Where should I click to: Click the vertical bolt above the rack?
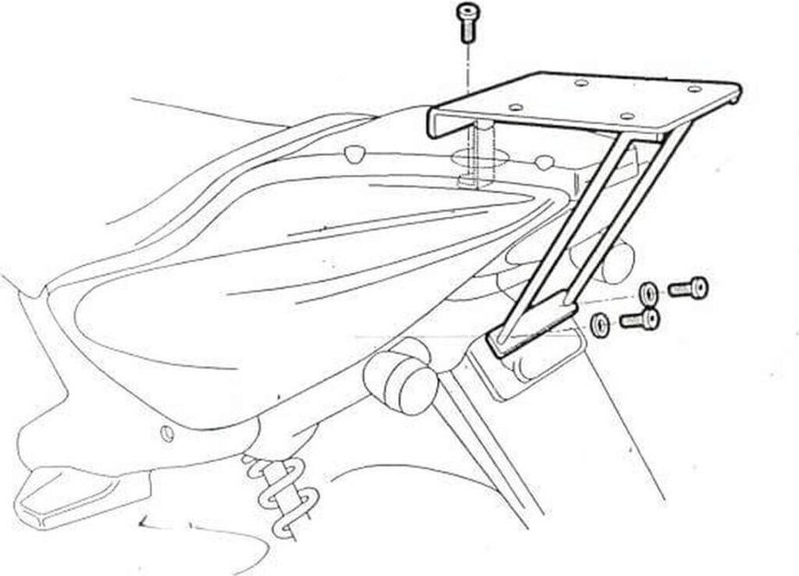[467, 22]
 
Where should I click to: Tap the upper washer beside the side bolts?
[648, 293]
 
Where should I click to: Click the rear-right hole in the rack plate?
[694, 90]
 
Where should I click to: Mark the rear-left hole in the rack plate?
[581, 82]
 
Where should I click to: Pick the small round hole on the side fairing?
[165, 432]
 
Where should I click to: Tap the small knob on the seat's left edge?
[355, 152]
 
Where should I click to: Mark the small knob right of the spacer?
[545, 162]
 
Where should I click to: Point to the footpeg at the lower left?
[62, 492]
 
